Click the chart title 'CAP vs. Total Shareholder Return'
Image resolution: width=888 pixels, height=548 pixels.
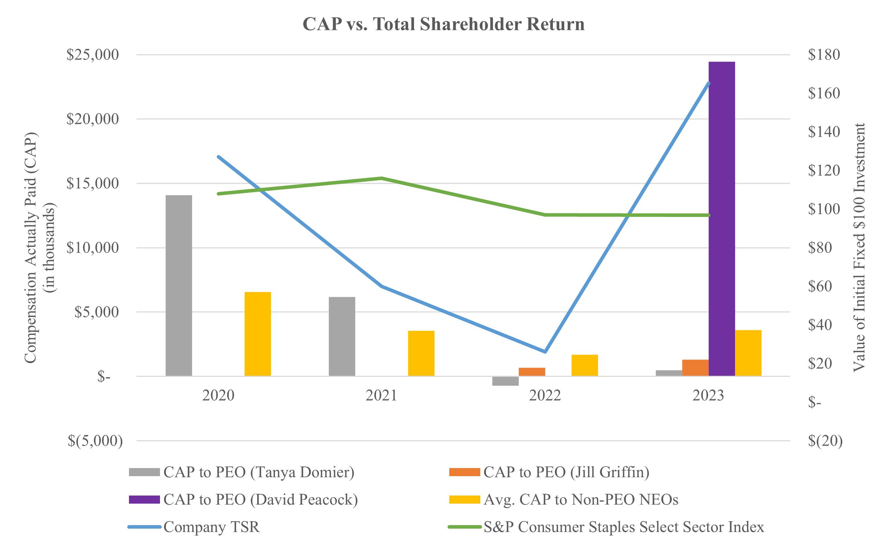coord(443,24)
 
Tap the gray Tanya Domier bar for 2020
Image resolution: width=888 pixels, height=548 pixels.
coord(178,285)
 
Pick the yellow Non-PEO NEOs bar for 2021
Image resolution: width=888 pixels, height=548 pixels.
coord(421,353)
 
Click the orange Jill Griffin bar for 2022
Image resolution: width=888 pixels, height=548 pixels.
coord(532,372)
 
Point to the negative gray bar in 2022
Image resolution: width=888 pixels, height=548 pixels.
coord(505,381)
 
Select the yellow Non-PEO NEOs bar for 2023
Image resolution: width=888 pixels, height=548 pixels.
coord(748,353)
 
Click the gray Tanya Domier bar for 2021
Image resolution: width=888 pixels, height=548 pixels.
coord(341,336)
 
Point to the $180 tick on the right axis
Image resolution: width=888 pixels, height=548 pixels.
coord(824,55)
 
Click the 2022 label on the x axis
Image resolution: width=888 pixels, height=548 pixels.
coord(545,396)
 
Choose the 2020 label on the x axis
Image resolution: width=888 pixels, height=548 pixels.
coord(218,396)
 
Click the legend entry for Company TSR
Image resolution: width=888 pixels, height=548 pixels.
coord(211,527)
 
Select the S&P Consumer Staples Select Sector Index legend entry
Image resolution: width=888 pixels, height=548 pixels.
coord(624,527)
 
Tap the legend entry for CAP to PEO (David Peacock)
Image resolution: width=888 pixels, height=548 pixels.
coord(260,499)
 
